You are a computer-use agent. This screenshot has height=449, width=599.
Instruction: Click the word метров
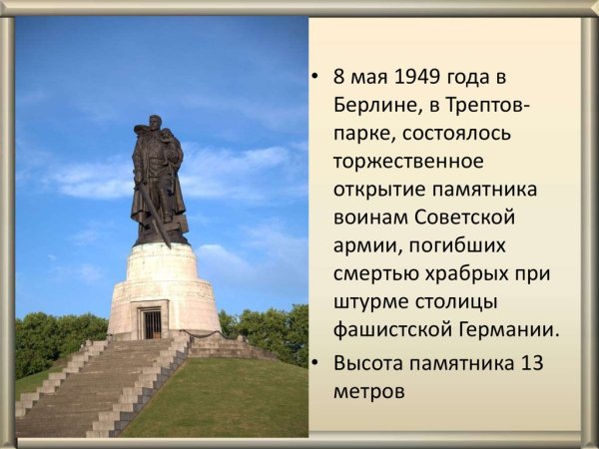pos(369,391)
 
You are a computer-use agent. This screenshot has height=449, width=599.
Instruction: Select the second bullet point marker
pos(315,364)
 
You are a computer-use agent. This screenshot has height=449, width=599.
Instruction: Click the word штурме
pos(370,300)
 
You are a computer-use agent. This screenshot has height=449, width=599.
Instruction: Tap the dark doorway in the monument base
pos(151,322)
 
